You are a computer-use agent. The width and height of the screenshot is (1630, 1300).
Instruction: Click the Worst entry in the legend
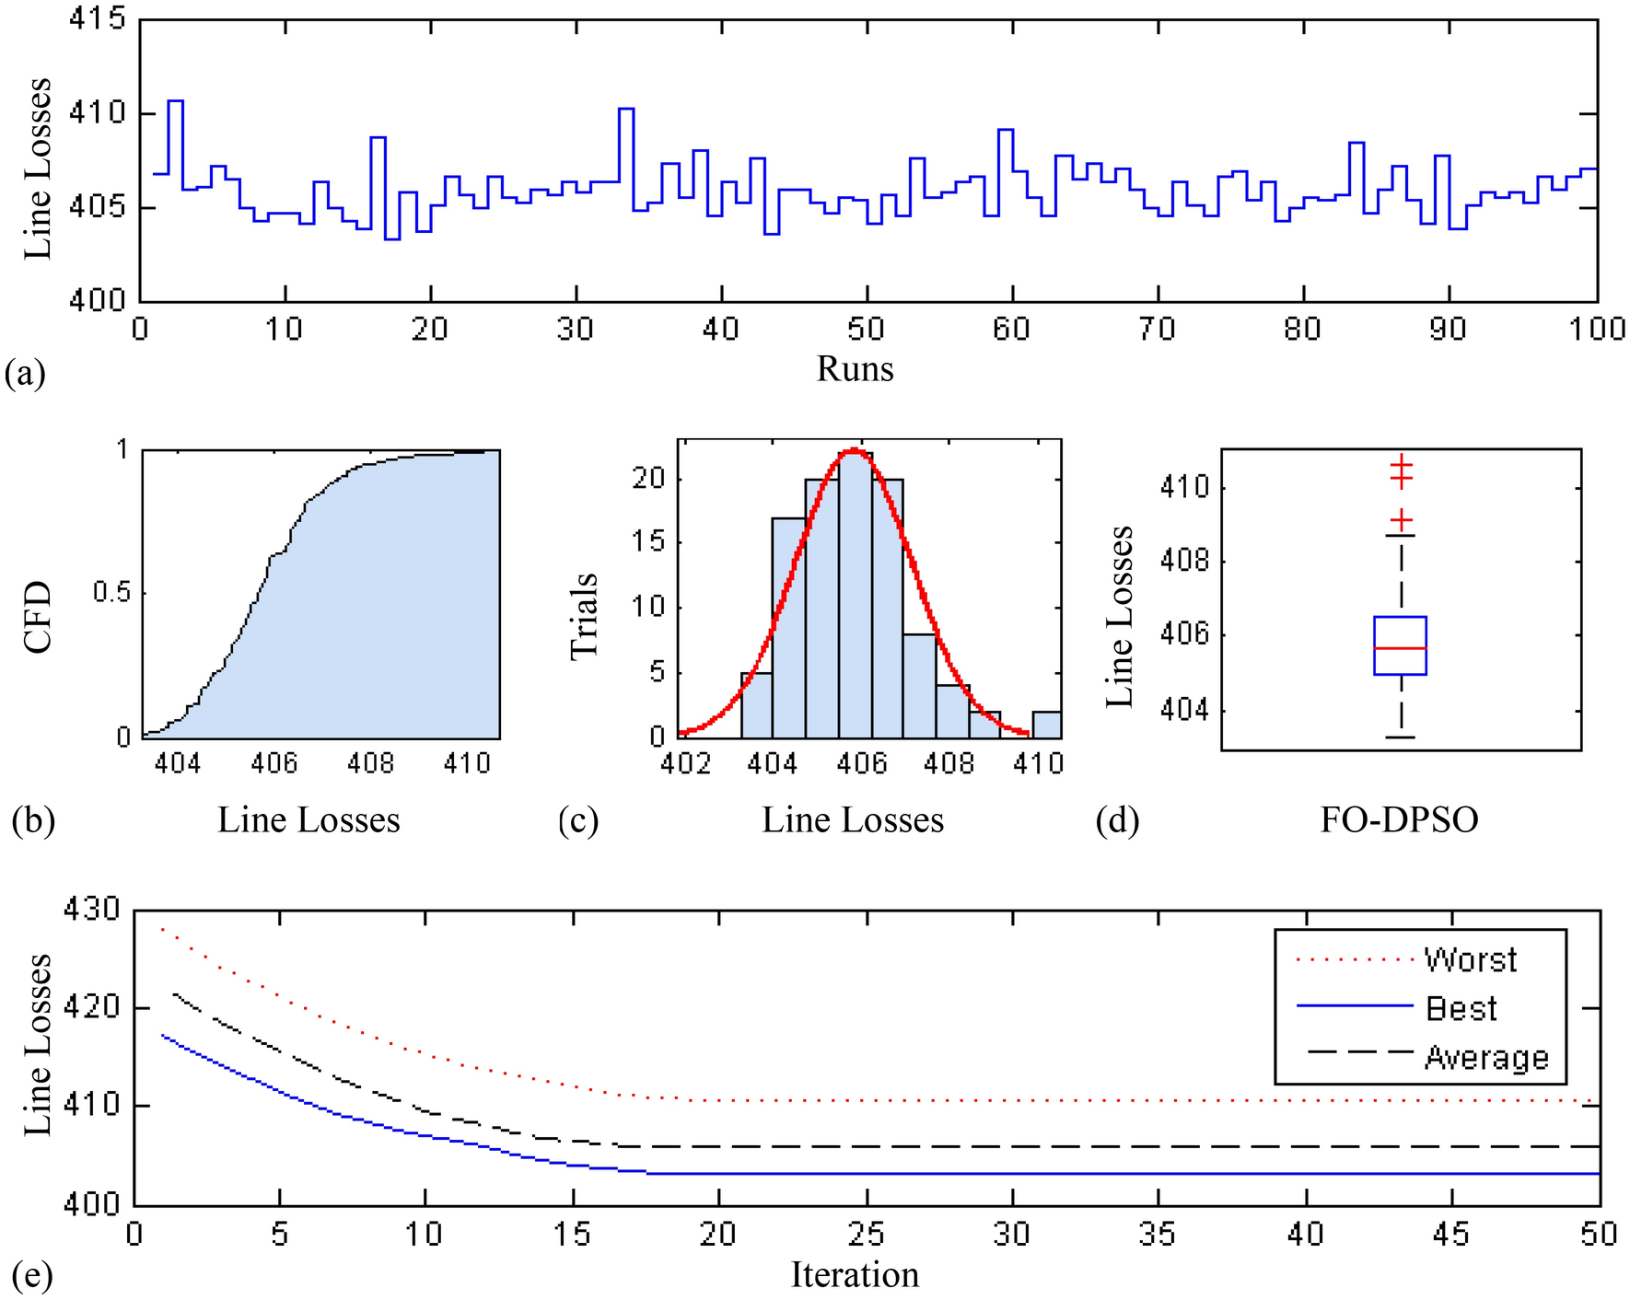pyautogui.click(x=1470, y=960)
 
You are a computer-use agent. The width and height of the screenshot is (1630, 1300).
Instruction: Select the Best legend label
pyautogui.click(x=1461, y=1009)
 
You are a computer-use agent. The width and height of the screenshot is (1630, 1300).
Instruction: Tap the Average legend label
pyautogui.click(x=1486, y=1058)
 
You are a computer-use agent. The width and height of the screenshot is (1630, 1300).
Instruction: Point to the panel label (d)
pyautogui.click(x=1117, y=819)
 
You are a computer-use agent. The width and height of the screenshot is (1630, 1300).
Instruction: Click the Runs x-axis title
pyautogui.click(x=855, y=369)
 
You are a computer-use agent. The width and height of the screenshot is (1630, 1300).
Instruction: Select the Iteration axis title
pyautogui.click(x=855, y=1275)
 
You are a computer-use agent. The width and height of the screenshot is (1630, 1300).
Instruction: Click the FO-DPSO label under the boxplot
pyautogui.click(x=1399, y=819)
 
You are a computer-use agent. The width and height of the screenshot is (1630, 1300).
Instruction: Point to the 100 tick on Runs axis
pyautogui.click(x=1597, y=329)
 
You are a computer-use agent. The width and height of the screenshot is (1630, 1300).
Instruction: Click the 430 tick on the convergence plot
pyautogui.click(x=91, y=911)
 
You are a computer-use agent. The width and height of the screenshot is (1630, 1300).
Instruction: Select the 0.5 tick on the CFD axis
pyautogui.click(x=111, y=593)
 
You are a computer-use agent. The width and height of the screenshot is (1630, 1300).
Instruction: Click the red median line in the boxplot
pyautogui.click(x=1400, y=648)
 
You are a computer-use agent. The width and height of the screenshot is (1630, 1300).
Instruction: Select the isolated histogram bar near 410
pyautogui.click(x=1046, y=725)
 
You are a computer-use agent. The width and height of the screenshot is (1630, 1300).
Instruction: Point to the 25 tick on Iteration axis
pyautogui.click(x=866, y=1234)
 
